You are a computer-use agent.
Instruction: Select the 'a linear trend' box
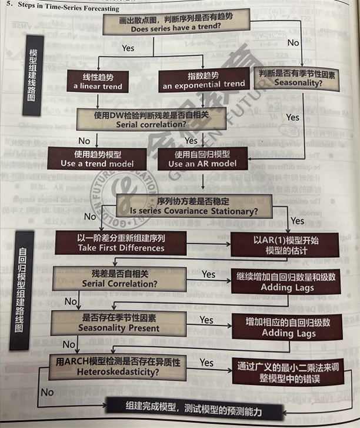coord(98,81)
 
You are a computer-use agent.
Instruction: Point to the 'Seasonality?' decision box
coord(298,79)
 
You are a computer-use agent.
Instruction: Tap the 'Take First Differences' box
coord(121,243)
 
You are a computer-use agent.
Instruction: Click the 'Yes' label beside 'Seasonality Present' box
coord(206,320)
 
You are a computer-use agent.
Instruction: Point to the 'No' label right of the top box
coord(293,42)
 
